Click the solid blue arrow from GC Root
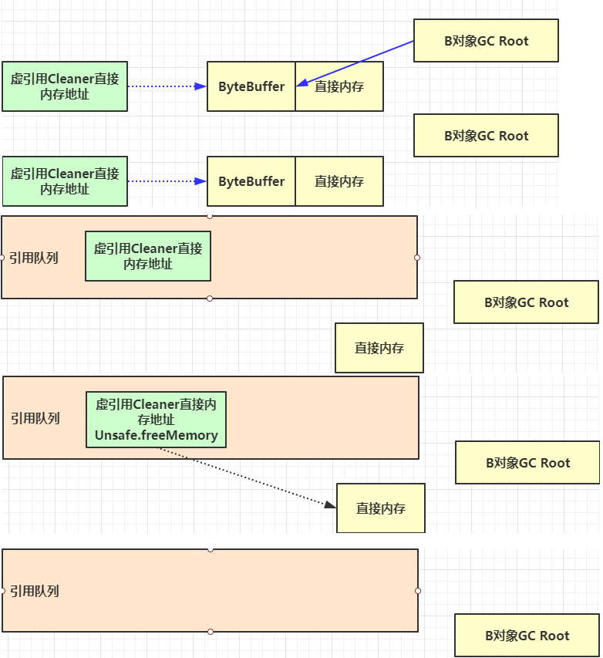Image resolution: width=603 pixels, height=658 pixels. [355, 63]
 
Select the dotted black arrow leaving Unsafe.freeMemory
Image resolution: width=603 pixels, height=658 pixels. [247, 477]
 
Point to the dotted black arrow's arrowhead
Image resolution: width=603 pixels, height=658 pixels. [330, 504]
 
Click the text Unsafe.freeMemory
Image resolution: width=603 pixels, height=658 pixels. [156, 435]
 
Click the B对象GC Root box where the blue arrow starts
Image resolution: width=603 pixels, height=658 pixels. [486, 41]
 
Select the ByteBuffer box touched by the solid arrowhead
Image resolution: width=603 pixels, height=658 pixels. [251, 86]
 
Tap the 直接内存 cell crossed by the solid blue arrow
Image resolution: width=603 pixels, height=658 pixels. [339, 86]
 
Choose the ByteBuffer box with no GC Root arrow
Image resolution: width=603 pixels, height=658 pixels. [251, 181]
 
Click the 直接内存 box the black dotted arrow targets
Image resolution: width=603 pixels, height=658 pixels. [381, 508]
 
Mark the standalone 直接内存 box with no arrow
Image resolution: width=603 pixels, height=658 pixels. [379, 348]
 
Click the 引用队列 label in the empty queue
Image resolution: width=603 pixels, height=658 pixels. [35, 591]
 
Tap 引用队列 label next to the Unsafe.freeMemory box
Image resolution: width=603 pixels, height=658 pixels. [35, 418]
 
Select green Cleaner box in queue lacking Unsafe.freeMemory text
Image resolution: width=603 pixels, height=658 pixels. [148, 256]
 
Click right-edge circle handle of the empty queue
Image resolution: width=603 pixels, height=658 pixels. [418, 591]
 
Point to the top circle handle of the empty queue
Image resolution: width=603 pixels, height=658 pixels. [211, 549]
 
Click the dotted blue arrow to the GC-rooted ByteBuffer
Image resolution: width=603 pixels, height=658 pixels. [167, 86]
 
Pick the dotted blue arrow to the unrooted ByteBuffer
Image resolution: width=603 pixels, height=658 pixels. [167, 181]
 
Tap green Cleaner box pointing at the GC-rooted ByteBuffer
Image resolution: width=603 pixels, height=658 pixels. [65, 86]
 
